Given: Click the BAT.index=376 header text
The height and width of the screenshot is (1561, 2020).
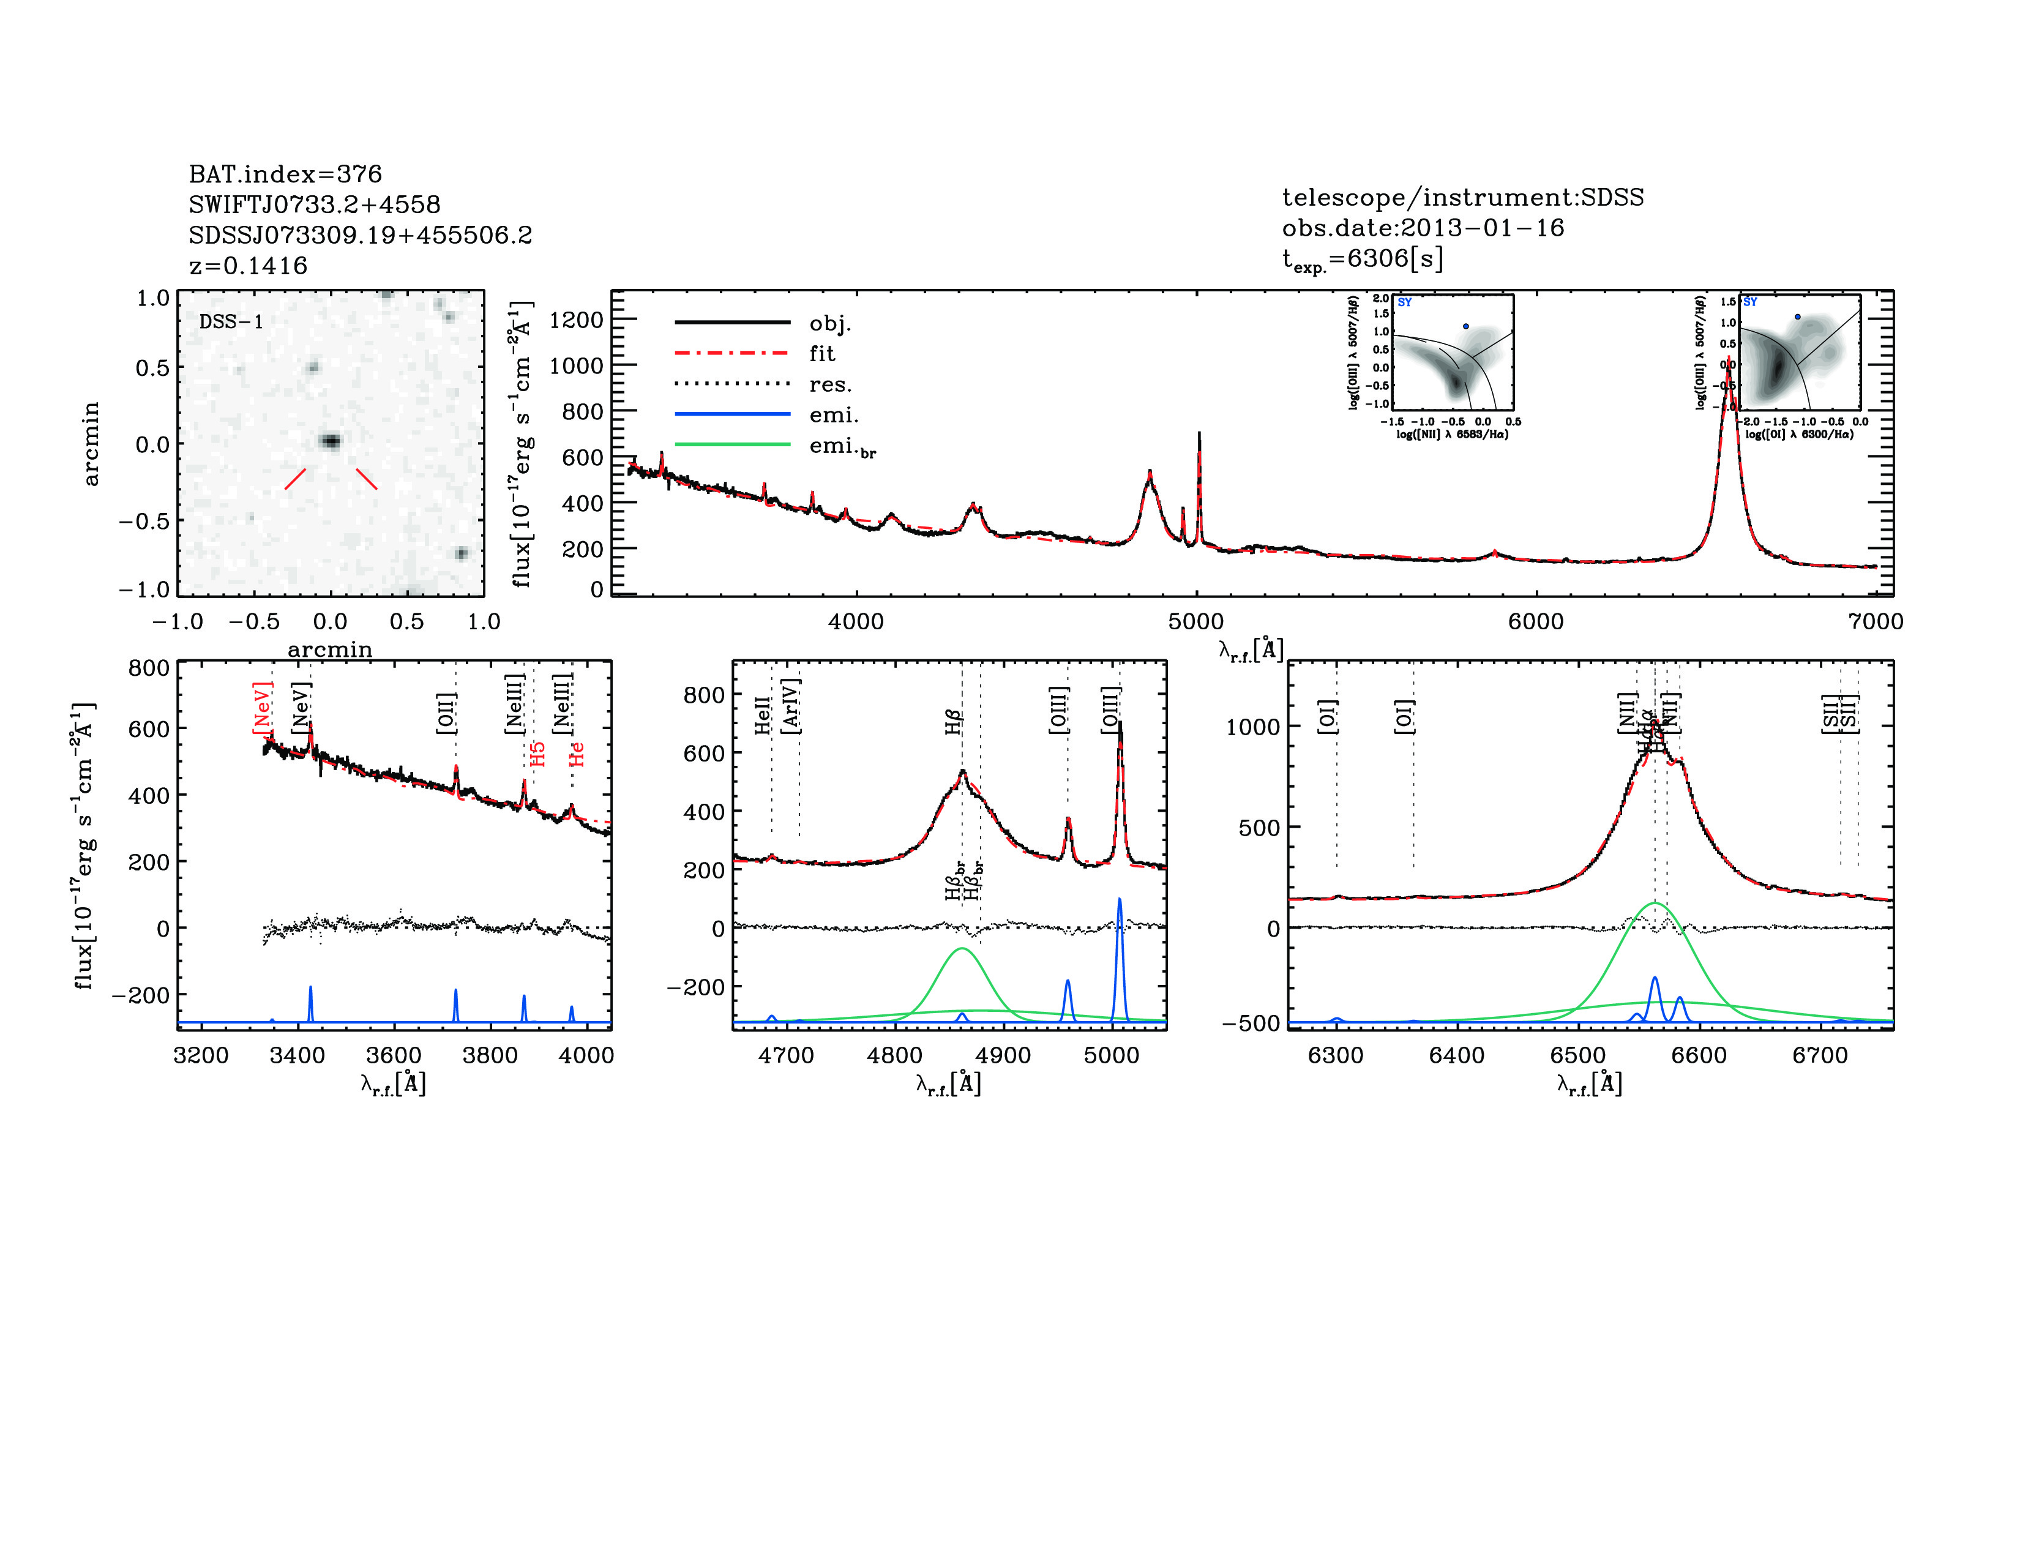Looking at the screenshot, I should (285, 174).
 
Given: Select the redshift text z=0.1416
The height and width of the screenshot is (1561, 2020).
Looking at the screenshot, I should (248, 266).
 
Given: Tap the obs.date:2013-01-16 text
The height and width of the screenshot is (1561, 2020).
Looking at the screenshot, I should (1423, 228).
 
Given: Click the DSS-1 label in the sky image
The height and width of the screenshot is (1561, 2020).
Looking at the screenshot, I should (231, 322).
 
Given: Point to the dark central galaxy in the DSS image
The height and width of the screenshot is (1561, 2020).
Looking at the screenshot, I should (330, 441).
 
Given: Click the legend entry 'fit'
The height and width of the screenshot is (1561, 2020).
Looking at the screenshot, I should (821, 353).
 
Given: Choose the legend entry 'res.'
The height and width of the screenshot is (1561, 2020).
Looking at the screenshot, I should (829, 384).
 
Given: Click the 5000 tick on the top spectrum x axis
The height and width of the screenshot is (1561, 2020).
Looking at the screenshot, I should (1196, 621).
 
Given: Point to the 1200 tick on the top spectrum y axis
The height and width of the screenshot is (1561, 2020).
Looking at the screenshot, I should (575, 320).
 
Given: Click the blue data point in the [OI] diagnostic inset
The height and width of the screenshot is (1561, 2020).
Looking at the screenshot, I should (1797, 317).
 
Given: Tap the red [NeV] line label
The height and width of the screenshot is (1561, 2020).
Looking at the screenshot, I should (262, 708).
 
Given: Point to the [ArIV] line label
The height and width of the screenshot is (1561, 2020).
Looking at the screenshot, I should (791, 706).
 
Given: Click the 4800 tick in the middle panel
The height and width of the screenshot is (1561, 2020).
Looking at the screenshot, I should (894, 1055).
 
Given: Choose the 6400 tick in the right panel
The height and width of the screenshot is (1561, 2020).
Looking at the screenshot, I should (1457, 1055).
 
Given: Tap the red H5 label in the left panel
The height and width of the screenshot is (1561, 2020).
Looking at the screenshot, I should (537, 754).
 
